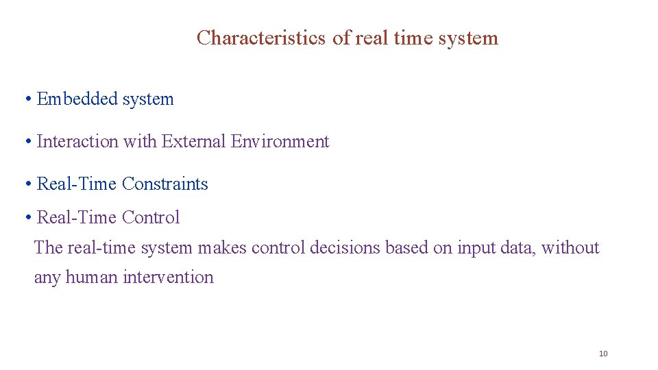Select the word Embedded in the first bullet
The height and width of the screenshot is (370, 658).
[77, 99]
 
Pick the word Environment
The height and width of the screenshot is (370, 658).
[280, 141]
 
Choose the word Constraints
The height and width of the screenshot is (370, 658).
[165, 184]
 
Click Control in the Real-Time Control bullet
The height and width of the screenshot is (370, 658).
[151, 217]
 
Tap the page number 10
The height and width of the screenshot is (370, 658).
[603, 354]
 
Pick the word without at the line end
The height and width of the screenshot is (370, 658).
[570, 247]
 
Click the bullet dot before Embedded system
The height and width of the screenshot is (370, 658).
[28, 99]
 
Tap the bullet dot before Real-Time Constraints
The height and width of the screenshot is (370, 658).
[28, 184]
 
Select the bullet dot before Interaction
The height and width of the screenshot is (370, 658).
[28, 142]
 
